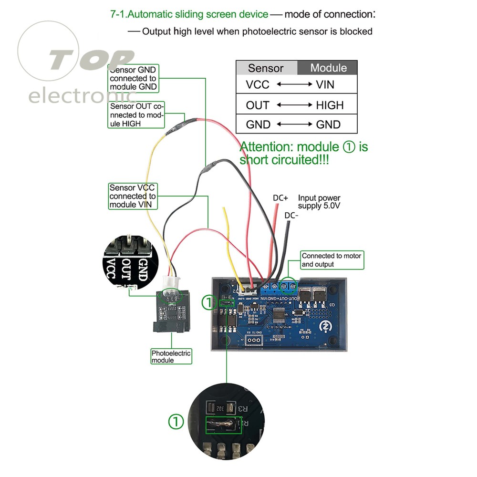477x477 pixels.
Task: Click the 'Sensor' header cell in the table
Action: [266, 68]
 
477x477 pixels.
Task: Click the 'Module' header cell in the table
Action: [328, 68]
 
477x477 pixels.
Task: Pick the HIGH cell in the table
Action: [330, 105]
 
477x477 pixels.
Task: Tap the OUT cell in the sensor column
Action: [258, 105]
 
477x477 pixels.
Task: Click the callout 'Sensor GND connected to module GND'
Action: [133, 78]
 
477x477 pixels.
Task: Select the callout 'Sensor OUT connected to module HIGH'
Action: [136, 114]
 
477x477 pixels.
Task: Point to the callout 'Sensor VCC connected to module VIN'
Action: [133, 196]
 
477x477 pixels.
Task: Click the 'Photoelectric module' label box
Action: [171, 356]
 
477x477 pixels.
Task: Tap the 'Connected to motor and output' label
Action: [332, 260]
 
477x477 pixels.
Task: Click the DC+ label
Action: [280, 197]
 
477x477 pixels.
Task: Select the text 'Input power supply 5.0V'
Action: [320, 202]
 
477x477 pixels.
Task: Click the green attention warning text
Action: [303, 153]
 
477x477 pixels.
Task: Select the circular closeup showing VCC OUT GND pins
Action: [127, 262]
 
